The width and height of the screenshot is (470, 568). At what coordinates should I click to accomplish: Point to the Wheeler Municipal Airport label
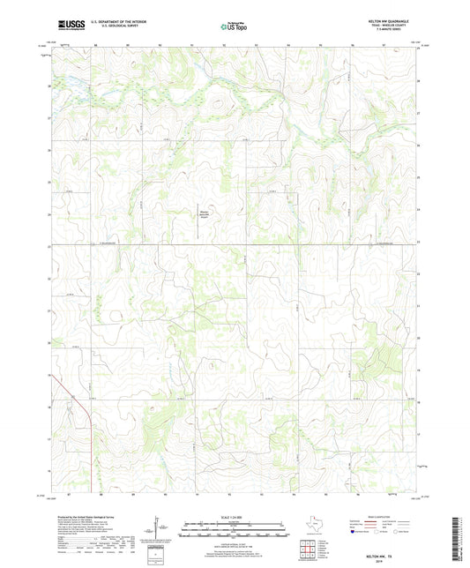point(204,213)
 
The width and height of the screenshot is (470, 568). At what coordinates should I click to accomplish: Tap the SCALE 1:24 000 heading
point(235,517)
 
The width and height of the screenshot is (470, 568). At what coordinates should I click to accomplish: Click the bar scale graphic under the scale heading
point(235,529)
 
